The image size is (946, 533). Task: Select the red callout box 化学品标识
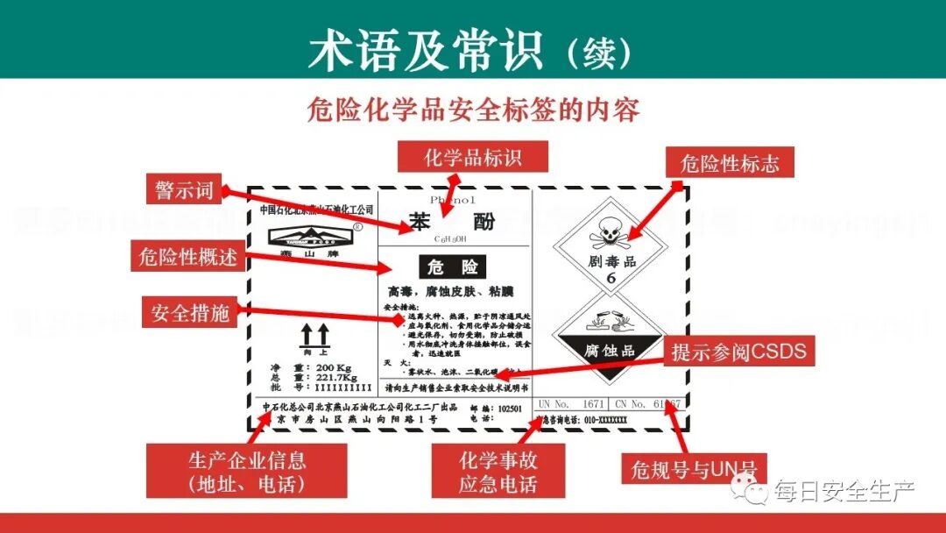point(473,158)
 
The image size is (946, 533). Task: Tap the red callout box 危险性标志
point(729,164)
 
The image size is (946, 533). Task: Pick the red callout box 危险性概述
point(187,257)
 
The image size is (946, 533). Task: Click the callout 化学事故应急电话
point(498,472)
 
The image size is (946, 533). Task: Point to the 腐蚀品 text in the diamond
point(610,352)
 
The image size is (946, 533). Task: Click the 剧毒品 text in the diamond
point(611,261)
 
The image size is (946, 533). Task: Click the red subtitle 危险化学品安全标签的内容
point(473,109)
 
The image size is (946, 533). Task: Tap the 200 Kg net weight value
point(333,366)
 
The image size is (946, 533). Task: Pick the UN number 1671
point(593,404)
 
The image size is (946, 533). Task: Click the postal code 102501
point(509,409)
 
